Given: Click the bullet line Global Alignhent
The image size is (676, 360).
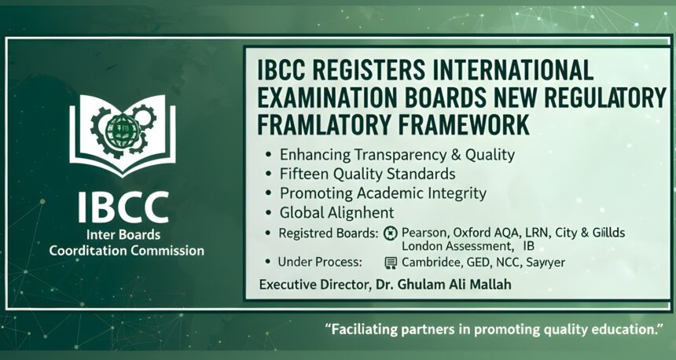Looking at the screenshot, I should point(336,212).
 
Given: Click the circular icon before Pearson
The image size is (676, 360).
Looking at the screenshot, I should point(389,233).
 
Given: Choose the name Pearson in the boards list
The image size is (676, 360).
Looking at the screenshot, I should point(424,233).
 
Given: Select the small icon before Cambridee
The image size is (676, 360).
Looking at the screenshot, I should point(389,263).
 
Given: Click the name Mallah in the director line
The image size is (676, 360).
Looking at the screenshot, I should point(487,285).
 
